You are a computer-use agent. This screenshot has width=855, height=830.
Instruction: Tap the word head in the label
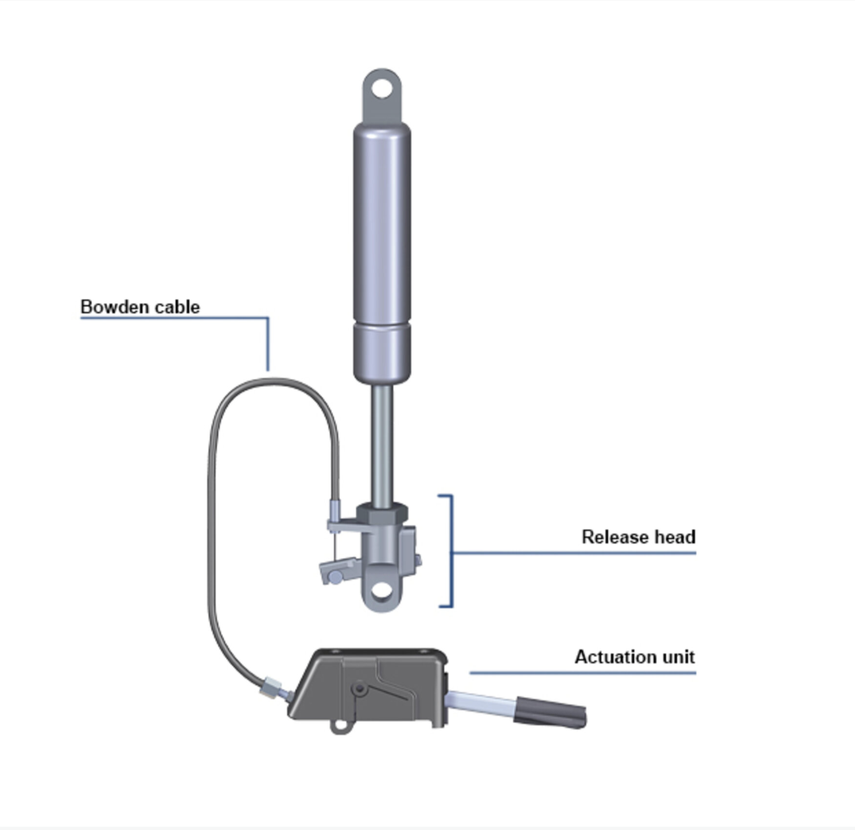coord(675,537)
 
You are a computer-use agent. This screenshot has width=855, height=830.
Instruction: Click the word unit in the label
coord(679,657)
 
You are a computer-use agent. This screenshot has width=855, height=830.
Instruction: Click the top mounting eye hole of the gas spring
coord(382,88)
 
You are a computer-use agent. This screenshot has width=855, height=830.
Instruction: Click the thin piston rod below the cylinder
coord(382,441)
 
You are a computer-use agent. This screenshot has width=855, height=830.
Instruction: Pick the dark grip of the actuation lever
coord(550,712)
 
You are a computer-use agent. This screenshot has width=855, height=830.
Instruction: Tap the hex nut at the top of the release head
coord(382,512)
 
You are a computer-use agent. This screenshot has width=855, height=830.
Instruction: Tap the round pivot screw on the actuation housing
coord(360,690)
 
